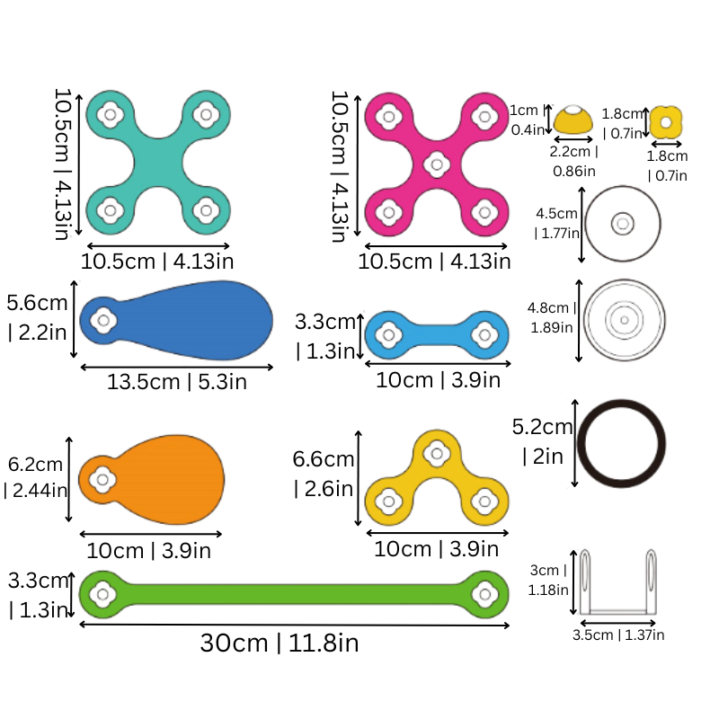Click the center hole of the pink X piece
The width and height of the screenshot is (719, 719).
(437, 164)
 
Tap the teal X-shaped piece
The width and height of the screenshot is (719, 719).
(158, 163)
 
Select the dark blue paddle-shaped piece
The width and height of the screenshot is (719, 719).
(176, 320)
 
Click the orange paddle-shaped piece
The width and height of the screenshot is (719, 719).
(151, 480)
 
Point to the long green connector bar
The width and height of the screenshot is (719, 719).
(294, 594)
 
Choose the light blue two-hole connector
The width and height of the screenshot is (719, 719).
(437, 335)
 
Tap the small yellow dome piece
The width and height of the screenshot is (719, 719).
(573, 120)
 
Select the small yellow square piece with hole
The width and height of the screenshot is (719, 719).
(666, 122)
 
